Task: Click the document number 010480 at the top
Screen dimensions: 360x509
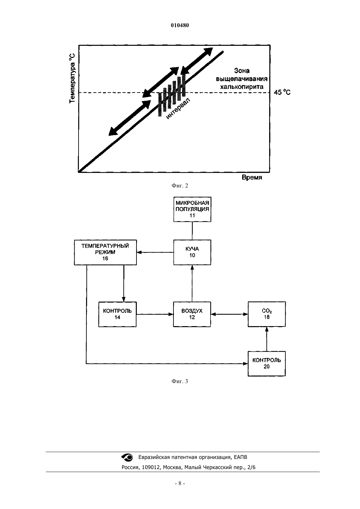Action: point(180,26)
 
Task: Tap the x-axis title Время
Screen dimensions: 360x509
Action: point(252,178)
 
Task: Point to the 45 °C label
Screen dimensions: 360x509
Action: point(282,93)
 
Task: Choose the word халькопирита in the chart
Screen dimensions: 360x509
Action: point(242,87)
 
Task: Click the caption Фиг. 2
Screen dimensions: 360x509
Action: point(180,186)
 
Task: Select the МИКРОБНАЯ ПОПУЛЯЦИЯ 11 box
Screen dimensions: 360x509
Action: point(192,209)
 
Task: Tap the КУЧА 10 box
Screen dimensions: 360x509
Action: point(192,252)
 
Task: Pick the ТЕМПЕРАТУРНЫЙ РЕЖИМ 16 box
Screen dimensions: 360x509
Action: point(105,252)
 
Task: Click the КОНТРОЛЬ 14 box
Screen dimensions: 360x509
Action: point(117,314)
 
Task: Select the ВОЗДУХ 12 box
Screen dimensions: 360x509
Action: point(192,314)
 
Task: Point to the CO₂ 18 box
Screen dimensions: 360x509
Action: point(267,314)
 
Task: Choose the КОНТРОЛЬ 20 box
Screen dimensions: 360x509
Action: point(267,363)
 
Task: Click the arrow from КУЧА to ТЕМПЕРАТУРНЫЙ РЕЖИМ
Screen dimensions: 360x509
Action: point(155,252)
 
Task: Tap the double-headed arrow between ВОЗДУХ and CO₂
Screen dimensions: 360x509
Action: point(229,314)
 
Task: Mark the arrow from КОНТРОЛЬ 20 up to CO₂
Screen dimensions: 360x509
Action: point(267,339)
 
